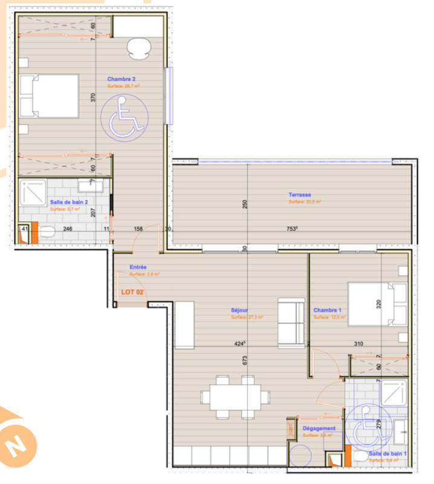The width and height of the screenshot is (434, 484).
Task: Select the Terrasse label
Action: click(x=300, y=195)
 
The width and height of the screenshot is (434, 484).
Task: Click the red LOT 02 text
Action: click(x=133, y=292)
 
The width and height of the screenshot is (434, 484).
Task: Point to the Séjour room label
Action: click(x=240, y=310)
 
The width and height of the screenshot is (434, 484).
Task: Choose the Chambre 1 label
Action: click(x=327, y=310)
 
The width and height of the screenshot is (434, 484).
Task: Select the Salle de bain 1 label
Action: click(x=387, y=453)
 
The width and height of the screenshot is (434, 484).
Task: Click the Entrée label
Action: click(x=138, y=267)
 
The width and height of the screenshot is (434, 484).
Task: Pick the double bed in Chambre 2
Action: click(x=48, y=96)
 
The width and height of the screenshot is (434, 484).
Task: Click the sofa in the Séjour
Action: click(x=291, y=321)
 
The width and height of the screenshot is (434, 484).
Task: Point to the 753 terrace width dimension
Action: click(x=292, y=229)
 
